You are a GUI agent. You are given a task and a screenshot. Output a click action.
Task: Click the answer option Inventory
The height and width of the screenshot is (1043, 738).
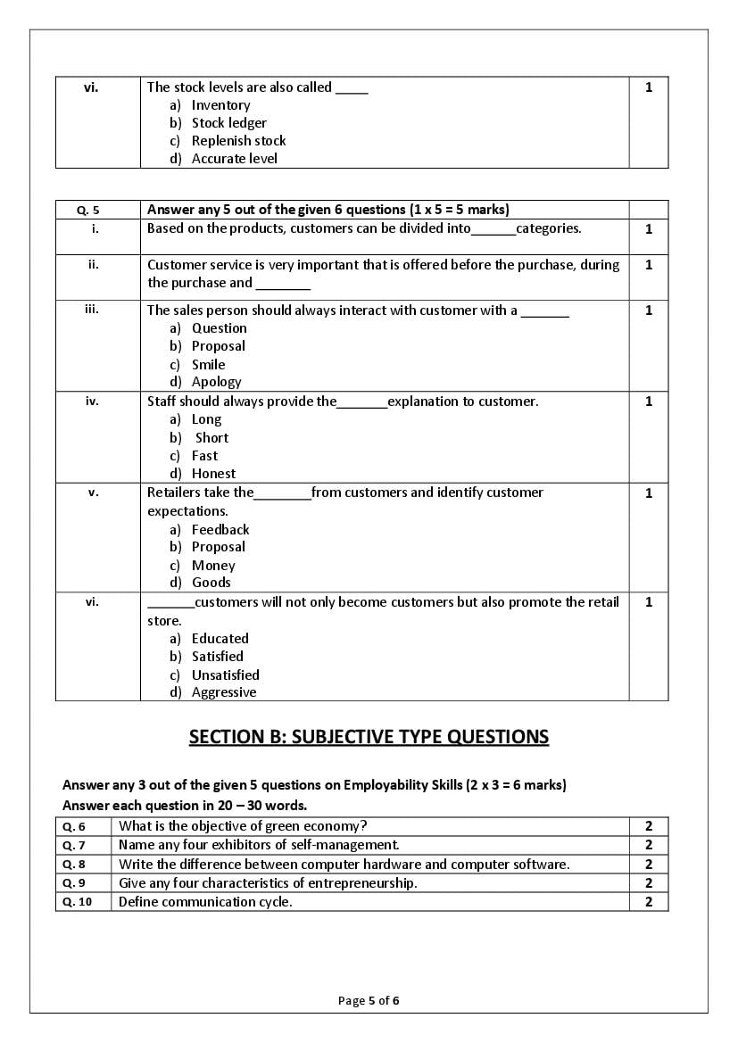pyautogui.click(x=220, y=105)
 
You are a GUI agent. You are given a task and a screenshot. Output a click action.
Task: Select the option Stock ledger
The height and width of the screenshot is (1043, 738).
pyautogui.click(x=228, y=123)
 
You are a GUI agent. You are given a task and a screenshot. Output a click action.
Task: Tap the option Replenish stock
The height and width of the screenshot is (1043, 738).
pyautogui.click(x=238, y=141)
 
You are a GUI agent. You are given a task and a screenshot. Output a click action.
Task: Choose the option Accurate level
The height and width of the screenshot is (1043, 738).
pyautogui.click(x=234, y=159)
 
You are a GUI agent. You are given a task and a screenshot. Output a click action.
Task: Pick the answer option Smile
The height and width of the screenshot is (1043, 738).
pyautogui.click(x=208, y=365)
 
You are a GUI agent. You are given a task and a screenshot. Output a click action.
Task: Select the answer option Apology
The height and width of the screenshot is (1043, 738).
pyautogui.click(x=216, y=382)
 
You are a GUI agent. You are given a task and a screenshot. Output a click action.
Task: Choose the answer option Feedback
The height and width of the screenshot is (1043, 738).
pyautogui.click(x=220, y=530)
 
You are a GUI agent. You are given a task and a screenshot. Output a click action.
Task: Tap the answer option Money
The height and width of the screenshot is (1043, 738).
pyautogui.click(x=213, y=566)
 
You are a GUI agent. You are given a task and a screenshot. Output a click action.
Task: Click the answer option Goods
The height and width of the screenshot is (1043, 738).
pyautogui.click(x=211, y=583)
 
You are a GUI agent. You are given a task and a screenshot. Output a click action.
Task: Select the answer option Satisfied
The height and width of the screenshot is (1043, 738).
pyautogui.click(x=217, y=657)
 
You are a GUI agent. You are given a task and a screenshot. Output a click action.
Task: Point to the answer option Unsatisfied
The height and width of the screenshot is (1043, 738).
pyautogui.click(x=225, y=675)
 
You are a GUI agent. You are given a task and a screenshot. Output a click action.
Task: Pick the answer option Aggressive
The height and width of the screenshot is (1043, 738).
pyautogui.click(x=223, y=692)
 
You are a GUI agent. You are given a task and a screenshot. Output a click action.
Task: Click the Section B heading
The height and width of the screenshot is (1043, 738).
pyautogui.click(x=369, y=737)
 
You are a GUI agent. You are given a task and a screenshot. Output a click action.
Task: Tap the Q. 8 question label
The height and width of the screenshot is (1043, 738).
pyautogui.click(x=74, y=865)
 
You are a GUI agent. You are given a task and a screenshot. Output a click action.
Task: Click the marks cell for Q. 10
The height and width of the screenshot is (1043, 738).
pyautogui.click(x=649, y=902)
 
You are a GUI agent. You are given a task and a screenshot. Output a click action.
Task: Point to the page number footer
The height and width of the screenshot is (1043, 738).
pyautogui.click(x=369, y=1001)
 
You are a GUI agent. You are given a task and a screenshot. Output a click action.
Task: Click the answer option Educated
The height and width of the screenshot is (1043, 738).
pyautogui.click(x=220, y=639)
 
